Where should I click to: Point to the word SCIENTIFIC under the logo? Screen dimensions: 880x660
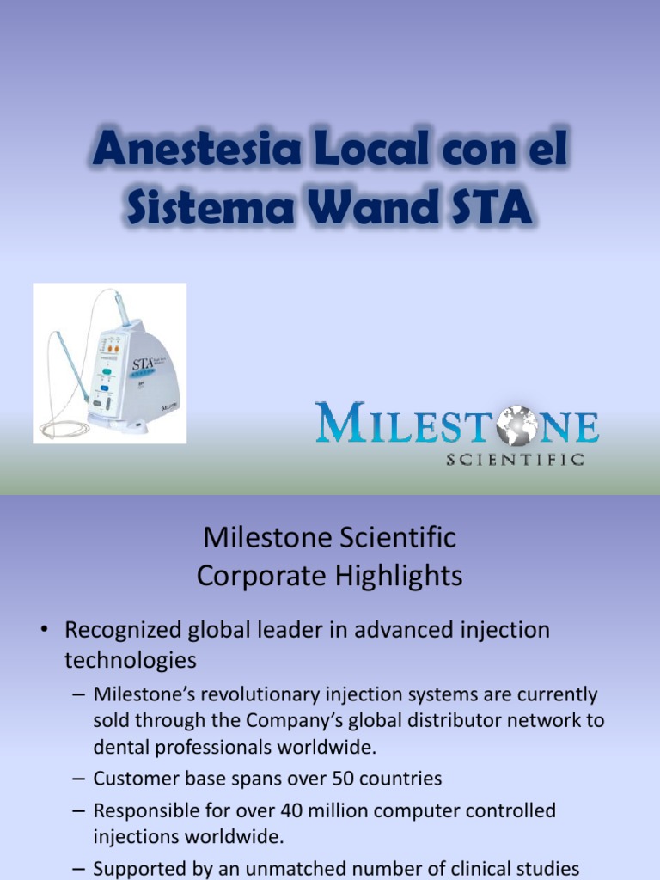click(515, 460)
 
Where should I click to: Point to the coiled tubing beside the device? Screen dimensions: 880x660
click(64, 427)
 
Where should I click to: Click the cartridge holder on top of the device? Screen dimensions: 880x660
click(121, 309)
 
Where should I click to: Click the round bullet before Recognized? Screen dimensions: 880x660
click(43, 631)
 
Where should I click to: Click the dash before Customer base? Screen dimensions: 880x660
click(78, 779)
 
